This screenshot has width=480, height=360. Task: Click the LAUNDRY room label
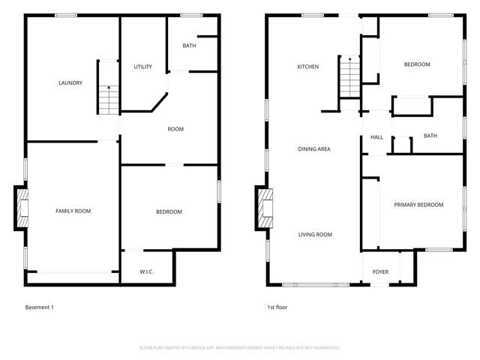click(70, 83)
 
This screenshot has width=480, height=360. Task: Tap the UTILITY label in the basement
click(143, 67)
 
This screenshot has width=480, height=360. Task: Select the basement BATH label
click(190, 46)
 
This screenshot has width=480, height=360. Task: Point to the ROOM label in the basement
click(175, 129)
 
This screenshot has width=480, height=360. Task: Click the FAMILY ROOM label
click(73, 211)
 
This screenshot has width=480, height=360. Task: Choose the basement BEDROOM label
click(169, 211)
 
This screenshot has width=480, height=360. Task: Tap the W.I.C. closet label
click(147, 271)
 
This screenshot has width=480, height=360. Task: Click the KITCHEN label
click(307, 67)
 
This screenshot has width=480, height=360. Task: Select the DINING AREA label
click(313, 148)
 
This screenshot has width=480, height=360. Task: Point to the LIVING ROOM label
click(315, 235)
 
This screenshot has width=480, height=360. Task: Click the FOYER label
click(380, 271)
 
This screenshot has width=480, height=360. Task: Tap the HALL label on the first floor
click(376, 137)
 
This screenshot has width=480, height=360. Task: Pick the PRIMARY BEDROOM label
click(418, 205)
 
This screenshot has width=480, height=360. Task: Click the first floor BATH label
click(430, 136)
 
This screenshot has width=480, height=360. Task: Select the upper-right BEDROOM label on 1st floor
click(417, 64)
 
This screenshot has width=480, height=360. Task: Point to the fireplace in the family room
click(22, 208)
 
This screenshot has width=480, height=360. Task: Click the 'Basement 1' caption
click(40, 307)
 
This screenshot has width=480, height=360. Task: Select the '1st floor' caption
click(277, 307)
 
